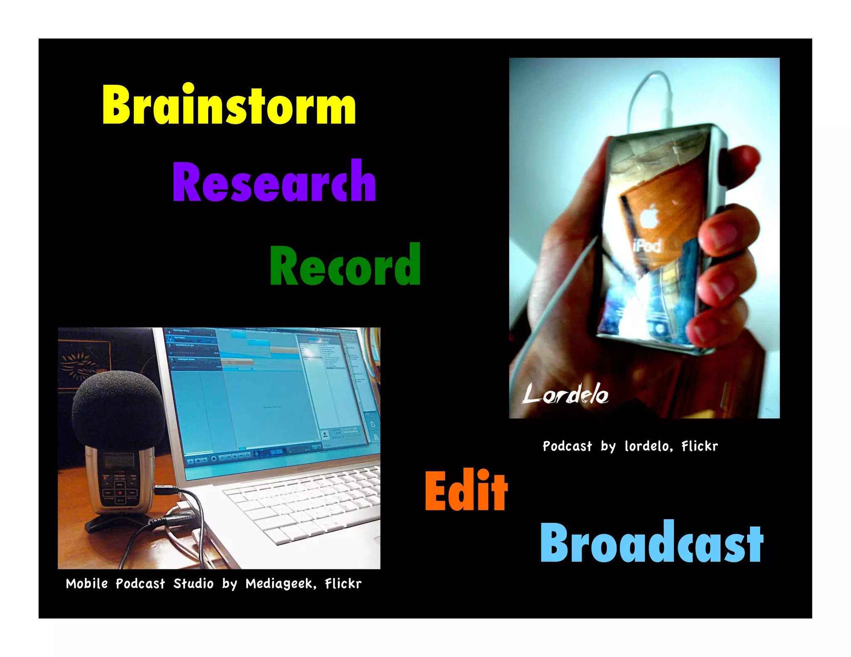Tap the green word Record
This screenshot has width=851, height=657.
345,265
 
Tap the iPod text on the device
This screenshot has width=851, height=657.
647,246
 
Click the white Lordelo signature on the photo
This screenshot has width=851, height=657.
565,394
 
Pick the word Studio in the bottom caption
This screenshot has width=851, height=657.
193,583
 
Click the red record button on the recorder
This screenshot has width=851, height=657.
120,493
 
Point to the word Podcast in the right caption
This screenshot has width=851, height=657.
567,446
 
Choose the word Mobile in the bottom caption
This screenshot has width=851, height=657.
87,583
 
